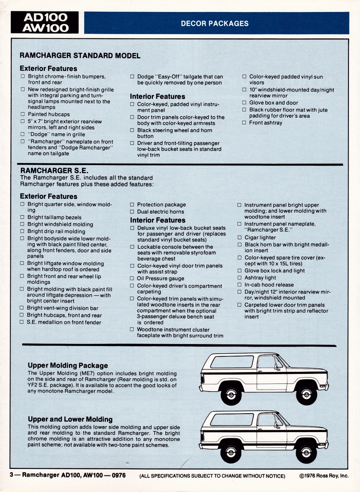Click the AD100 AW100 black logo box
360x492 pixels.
pos(45,22)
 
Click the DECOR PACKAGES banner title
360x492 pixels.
pos(215,23)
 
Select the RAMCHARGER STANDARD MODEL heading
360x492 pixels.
pos(80,56)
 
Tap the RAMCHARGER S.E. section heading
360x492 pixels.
pos(54,171)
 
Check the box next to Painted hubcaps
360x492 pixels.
pos(23,114)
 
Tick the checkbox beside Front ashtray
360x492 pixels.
pos(244,123)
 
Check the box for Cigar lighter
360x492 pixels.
pos(239,237)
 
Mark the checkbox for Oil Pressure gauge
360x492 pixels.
pos(132,279)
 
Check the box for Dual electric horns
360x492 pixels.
pos(132,212)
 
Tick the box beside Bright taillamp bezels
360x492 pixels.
pos(22,217)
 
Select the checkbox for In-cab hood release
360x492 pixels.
pos(239,285)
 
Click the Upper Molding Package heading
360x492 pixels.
pos(68,365)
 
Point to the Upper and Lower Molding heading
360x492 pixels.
pos(70,419)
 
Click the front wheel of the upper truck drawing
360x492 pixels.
pos(306,394)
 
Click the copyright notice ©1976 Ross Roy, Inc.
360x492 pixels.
pos(324,476)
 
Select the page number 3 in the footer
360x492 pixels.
pos(11,475)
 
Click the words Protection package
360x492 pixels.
pos(161,204)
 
